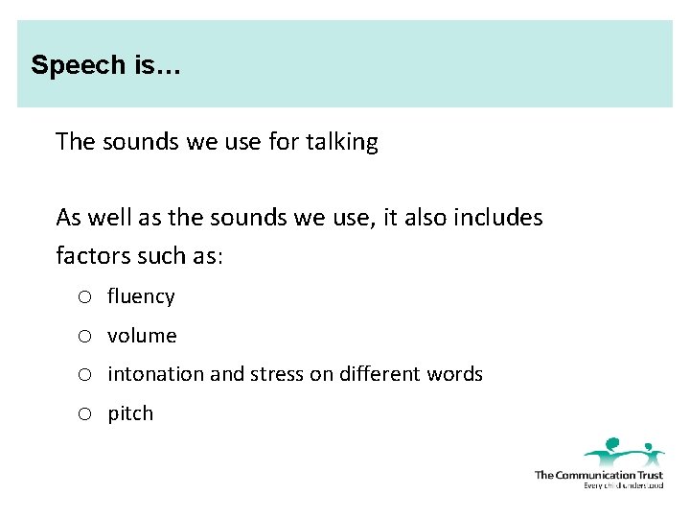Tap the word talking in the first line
click(x=342, y=142)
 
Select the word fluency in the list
click(x=141, y=296)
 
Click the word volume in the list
click(x=142, y=336)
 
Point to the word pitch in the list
click(x=130, y=413)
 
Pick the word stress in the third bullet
click(x=276, y=374)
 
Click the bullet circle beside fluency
click(x=85, y=297)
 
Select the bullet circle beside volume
click(x=85, y=337)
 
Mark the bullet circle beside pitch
click(x=85, y=414)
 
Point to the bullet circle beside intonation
click(x=85, y=375)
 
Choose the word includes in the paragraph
click(x=498, y=218)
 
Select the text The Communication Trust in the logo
click(x=598, y=475)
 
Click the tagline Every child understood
click(x=623, y=485)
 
